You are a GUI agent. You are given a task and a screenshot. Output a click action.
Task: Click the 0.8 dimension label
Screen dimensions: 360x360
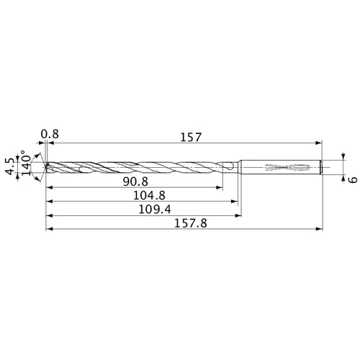[x=49, y=135]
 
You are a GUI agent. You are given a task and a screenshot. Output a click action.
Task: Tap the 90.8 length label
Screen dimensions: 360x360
[x=135, y=181]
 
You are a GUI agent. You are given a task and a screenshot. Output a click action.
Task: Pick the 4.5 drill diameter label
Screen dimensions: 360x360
[x=9, y=166]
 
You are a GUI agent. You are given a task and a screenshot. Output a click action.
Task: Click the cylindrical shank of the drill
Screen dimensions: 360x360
[x=281, y=167]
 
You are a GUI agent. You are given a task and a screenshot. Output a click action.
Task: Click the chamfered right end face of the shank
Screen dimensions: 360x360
[x=320, y=167]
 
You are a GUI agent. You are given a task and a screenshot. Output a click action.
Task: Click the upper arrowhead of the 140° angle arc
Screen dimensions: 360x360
[x=37, y=154]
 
